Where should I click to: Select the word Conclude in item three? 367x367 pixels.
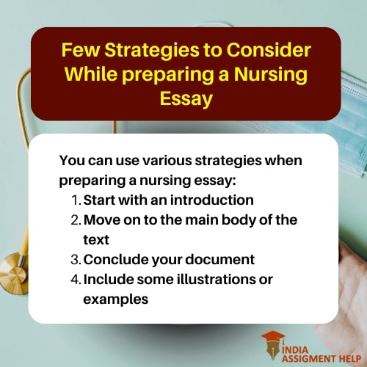click(112, 259)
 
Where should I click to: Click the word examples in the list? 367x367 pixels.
click(116, 299)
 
